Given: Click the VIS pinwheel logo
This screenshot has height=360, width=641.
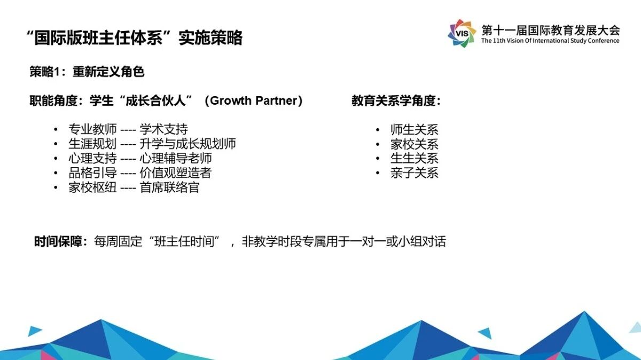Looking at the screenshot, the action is tap(462, 33).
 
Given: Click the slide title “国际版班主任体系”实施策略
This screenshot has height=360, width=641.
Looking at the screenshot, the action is tap(134, 37).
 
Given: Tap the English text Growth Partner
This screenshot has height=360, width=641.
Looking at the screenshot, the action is tap(254, 100).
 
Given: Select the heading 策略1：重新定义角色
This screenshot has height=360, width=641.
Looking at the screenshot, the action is tap(87, 72).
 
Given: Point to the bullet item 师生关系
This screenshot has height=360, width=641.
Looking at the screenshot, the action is tap(415, 130).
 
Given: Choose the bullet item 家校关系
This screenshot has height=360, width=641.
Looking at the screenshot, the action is tap(415, 144).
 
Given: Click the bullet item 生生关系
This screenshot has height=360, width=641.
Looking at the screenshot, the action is tap(415, 158).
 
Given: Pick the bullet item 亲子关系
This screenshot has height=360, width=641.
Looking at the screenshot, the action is tap(415, 173).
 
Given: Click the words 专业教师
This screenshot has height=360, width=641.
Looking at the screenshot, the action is tap(92, 129).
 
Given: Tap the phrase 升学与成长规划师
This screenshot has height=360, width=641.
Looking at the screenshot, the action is tap(187, 144).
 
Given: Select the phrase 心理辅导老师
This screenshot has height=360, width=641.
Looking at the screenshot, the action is tap(176, 158).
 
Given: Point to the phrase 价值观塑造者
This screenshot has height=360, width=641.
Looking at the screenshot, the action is tap(176, 173).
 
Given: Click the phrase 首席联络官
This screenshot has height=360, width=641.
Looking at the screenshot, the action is tap(170, 187).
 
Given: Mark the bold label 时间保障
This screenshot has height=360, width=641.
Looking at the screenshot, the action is tap(58, 241).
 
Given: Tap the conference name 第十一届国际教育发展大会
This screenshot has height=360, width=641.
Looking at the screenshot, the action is tap(551, 30).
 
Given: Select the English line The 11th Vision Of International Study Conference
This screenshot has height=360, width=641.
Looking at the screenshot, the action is tap(550, 41).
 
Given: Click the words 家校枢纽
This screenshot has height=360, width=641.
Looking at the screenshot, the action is tap(92, 187).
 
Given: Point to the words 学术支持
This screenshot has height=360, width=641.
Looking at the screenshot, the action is tap(163, 129).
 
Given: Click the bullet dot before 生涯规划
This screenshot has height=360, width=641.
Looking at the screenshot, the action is tap(56, 144).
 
